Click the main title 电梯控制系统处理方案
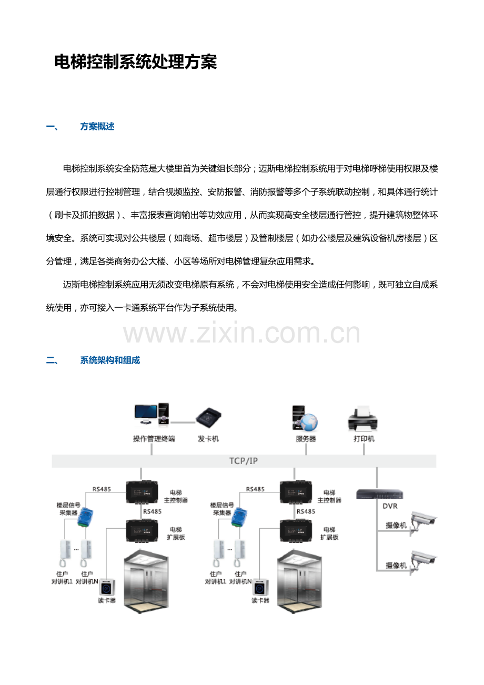[x=135, y=62]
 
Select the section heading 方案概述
[x=97, y=126]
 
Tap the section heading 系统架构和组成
[x=110, y=360]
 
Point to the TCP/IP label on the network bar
[x=244, y=461]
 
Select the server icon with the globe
[x=305, y=418]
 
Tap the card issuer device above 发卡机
[x=208, y=418]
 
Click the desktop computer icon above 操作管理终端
[x=152, y=415]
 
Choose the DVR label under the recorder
[x=390, y=506]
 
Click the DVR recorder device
[x=379, y=494]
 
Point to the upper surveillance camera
[x=423, y=523]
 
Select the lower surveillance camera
[x=423, y=563]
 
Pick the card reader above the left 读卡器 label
[x=107, y=588]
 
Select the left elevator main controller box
[x=142, y=492]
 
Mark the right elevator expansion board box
[x=296, y=530]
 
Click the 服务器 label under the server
[x=306, y=439]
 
